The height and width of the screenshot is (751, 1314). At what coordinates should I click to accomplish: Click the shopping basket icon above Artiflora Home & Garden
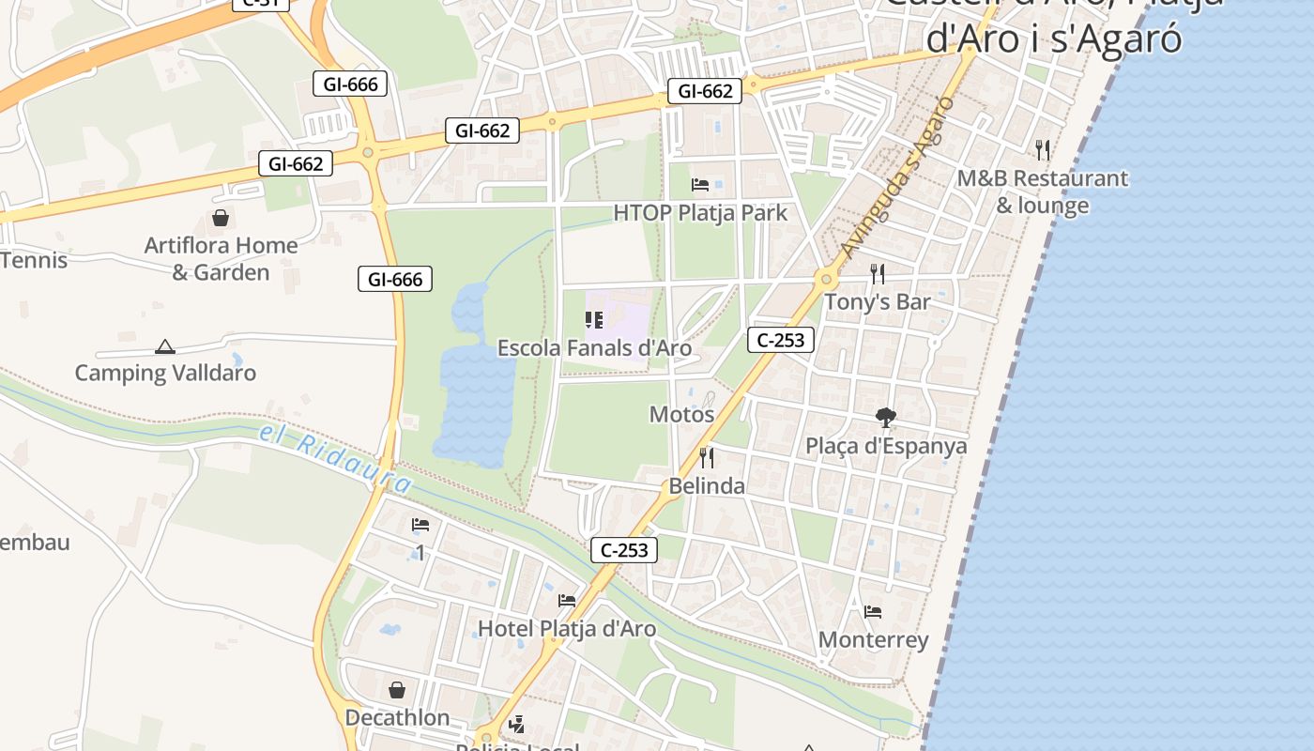click(221, 218)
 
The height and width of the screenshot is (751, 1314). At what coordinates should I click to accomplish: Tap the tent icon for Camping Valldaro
click(165, 346)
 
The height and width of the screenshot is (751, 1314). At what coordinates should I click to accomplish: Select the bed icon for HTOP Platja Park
click(700, 184)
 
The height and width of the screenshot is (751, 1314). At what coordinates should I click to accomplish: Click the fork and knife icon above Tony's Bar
click(878, 274)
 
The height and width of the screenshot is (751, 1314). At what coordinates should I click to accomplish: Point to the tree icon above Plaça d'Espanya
click(885, 418)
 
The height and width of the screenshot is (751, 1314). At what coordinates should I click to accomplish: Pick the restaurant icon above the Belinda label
click(707, 458)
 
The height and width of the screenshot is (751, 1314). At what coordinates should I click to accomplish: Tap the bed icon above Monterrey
click(873, 612)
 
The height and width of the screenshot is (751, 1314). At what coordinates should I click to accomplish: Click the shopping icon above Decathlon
click(397, 690)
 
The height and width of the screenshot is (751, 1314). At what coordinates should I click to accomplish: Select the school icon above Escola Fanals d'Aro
click(594, 320)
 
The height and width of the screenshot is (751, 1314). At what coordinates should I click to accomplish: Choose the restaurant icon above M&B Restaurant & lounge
click(1042, 149)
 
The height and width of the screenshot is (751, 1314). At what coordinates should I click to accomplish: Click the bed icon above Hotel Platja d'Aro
click(567, 600)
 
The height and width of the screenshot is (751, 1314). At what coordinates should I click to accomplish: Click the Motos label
click(681, 414)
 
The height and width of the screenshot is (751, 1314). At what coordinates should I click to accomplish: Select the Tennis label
click(34, 260)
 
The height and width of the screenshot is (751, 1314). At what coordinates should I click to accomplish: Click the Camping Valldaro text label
click(165, 373)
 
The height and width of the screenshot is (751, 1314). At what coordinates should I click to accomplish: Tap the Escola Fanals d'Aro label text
click(594, 348)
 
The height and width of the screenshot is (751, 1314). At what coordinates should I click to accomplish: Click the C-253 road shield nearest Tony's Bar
click(781, 340)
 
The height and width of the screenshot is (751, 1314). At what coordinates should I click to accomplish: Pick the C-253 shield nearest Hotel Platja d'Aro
click(624, 550)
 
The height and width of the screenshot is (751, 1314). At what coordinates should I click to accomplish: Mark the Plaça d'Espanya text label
click(886, 446)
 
